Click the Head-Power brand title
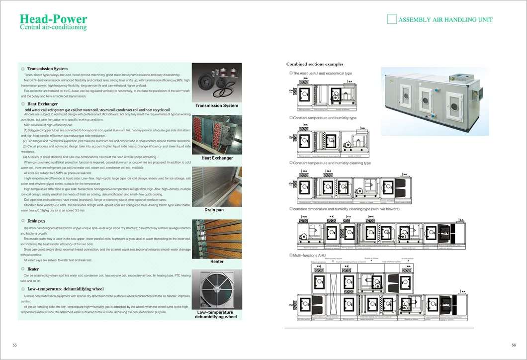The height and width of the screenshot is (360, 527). click(53, 19)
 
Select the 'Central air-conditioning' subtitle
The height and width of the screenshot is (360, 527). click(53, 27)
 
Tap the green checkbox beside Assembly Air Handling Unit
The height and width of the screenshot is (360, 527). click(392, 19)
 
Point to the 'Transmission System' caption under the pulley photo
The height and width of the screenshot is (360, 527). click(216, 105)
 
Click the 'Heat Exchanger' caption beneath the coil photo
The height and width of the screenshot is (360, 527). click(217, 158)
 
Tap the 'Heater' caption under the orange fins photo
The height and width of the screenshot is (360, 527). click(217, 262)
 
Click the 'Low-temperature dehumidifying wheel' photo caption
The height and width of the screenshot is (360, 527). click(217, 314)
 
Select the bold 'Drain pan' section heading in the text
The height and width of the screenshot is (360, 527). click(36, 220)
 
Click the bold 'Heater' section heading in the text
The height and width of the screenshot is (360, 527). click(33, 269)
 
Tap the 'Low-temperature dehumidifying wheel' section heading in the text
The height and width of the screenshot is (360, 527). click(65, 288)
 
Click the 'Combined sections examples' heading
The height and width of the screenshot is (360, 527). click(315, 64)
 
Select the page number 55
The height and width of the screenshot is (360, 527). click(14, 345)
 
